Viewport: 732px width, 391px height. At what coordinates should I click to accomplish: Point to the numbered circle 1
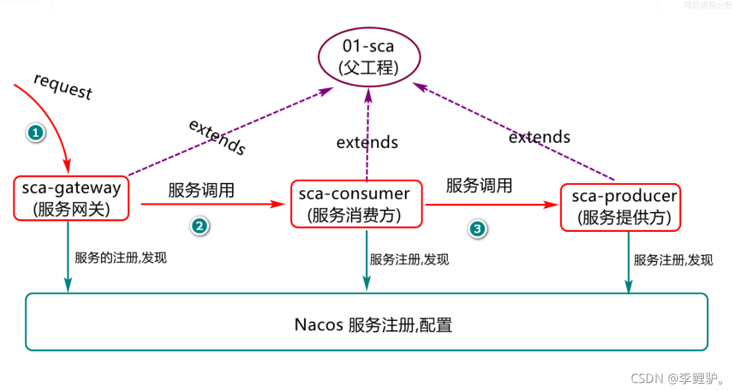36,133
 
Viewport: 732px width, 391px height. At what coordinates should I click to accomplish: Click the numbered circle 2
199,226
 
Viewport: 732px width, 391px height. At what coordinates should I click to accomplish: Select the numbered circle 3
477,229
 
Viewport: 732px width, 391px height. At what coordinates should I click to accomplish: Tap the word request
63,87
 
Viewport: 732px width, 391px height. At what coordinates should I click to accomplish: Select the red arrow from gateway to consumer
211,205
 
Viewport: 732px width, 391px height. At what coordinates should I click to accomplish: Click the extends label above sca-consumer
367,142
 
